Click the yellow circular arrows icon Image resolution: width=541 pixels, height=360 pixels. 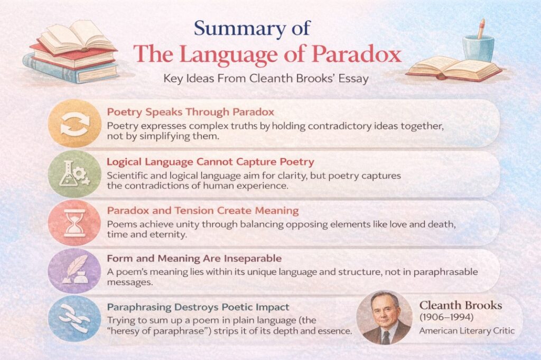point(74,124)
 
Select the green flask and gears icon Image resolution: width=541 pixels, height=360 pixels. point(74,174)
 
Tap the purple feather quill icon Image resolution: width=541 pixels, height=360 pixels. point(74,271)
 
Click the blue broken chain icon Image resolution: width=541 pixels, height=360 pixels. point(74,319)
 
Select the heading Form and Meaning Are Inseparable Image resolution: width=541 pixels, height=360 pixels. point(194,259)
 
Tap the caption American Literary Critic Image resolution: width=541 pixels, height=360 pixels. point(466,331)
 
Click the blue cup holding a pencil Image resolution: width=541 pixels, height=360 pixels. point(479,45)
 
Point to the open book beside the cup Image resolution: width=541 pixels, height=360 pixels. point(453,68)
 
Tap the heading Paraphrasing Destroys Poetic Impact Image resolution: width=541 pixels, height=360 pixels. point(198,307)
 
